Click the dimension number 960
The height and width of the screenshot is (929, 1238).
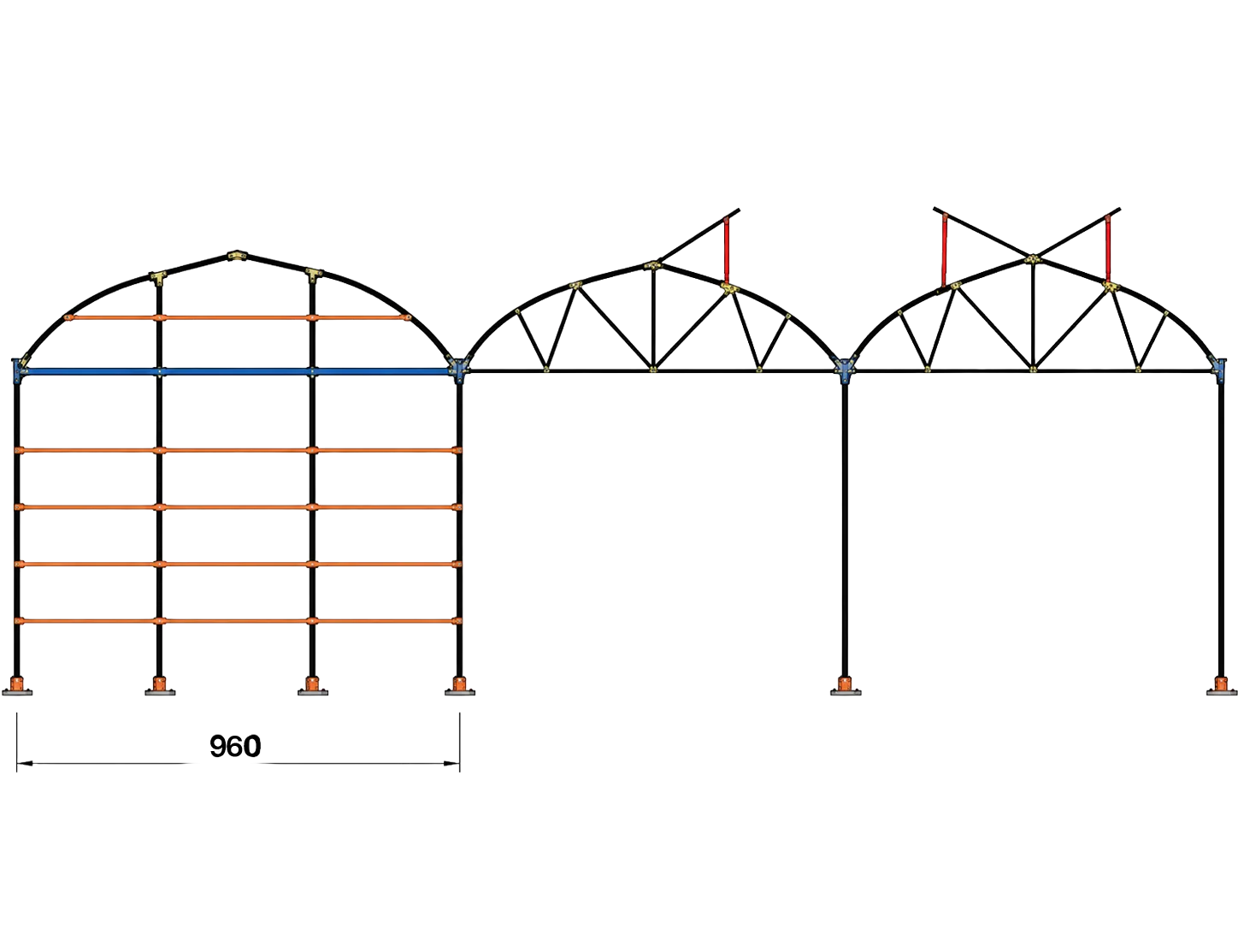click(235, 746)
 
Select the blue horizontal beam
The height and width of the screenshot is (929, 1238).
click(236, 372)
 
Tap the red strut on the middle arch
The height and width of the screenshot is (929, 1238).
click(727, 251)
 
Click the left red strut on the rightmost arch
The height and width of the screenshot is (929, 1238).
click(944, 251)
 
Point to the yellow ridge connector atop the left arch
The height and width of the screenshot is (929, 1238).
click(238, 256)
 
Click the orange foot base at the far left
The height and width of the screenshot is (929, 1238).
click(17, 685)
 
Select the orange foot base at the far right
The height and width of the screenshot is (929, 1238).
click(1221, 685)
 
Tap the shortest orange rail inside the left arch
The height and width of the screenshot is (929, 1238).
click(238, 318)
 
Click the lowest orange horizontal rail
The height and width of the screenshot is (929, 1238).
click(238, 621)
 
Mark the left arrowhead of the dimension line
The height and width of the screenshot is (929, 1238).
click(25, 764)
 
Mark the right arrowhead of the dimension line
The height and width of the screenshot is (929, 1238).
click(451, 764)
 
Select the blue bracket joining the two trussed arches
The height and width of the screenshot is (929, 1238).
click(845, 370)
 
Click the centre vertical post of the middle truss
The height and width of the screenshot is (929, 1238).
click(653, 318)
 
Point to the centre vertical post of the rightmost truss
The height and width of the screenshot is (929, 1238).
click(1033, 316)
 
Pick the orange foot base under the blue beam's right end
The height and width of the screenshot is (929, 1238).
click(460, 685)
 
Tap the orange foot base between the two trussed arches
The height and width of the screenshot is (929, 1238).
click(846, 685)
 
